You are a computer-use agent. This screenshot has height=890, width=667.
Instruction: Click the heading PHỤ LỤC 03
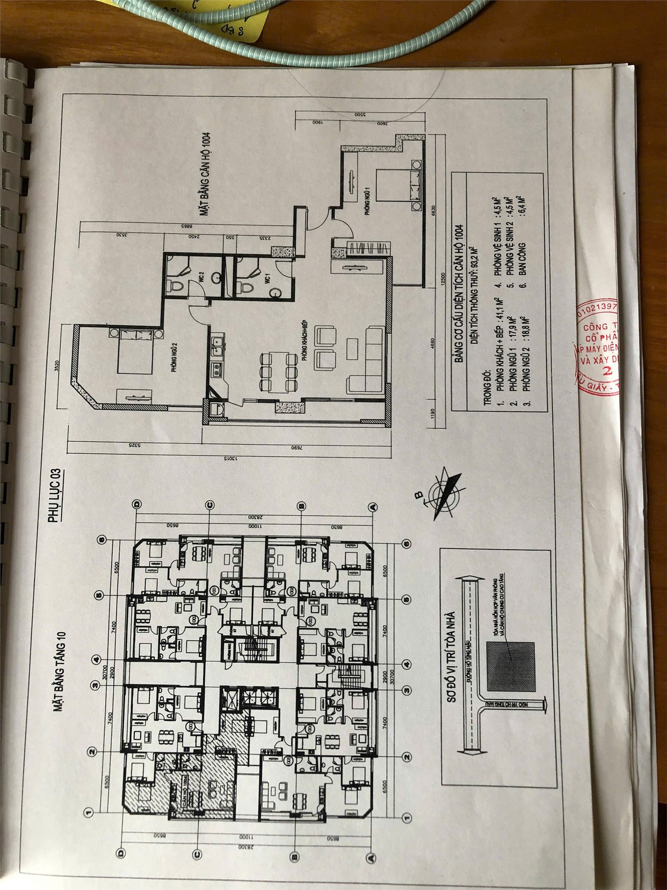coord(55,495)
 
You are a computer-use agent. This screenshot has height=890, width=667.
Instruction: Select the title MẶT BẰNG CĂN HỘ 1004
coord(205,174)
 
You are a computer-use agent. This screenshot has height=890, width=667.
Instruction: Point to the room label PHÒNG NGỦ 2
coord(174,357)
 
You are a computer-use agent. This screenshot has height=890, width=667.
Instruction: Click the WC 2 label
coord(201,277)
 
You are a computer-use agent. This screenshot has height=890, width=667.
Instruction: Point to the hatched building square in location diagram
coord(511,667)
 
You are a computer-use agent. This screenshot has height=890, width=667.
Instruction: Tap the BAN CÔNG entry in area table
coord(522,259)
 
